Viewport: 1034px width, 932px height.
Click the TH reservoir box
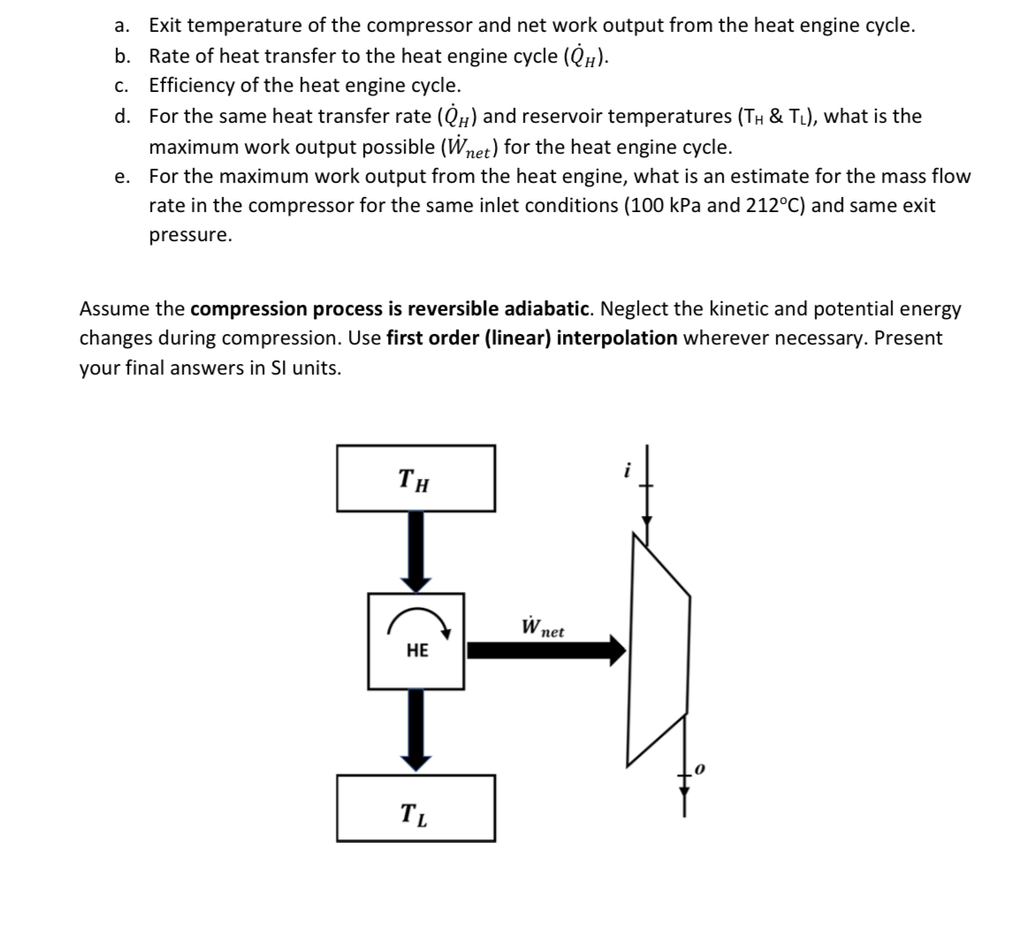[x=415, y=478]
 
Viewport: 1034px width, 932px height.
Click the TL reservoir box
[x=415, y=807]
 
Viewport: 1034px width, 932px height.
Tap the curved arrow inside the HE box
[x=417, y=622]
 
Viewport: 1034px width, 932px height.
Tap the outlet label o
[x=700, y=770]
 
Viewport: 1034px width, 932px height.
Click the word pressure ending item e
[x=188, y=236]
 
